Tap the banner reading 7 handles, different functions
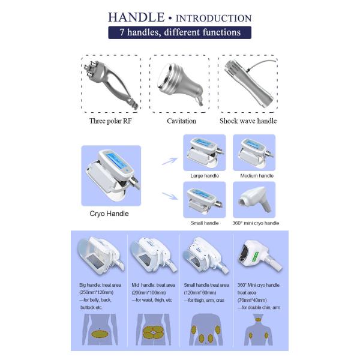coord(179,32)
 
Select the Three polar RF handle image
coord(111,84)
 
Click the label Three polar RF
coord(111,121)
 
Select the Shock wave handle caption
coord(248,121)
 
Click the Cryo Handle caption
coord(110,214)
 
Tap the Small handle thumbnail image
coord(204,199)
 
